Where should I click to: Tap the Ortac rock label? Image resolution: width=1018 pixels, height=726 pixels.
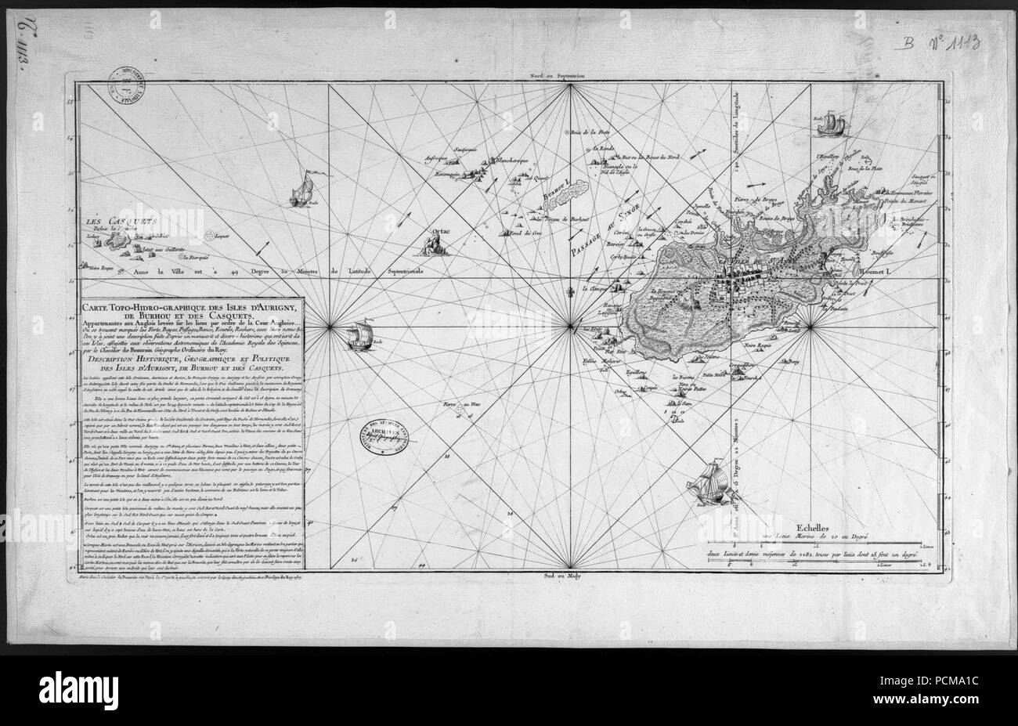[431, 231]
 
